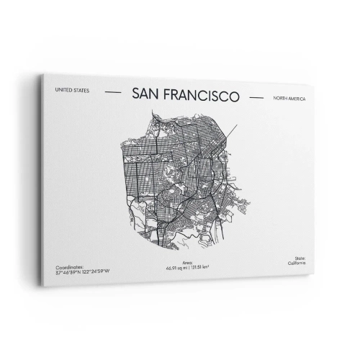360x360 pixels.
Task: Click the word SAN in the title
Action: pyautogui.click(x=146, y=94)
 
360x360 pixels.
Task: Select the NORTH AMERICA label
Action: pyautogui.click(x=289, y=97)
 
